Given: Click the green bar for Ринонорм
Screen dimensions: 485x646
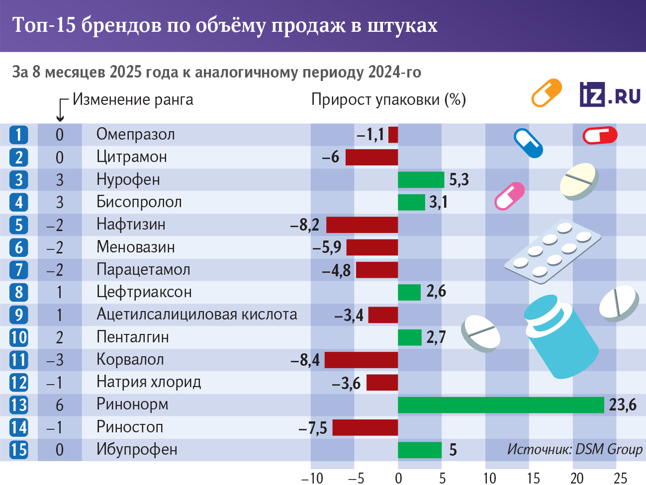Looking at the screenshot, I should tap(501, 405).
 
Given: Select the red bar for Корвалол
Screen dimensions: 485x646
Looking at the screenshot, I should tap(361, 360).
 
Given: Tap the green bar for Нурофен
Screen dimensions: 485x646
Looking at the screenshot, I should tap(421, 180).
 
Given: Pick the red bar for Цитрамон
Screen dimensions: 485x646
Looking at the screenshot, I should tap(371, 157).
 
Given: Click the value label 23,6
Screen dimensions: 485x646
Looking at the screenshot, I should tap(623, 405).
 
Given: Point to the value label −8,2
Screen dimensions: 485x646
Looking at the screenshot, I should tap(305, 225).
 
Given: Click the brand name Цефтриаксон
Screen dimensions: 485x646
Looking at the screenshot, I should tap(144, 292).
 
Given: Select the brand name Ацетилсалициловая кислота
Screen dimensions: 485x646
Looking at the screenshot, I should tap(196, 315).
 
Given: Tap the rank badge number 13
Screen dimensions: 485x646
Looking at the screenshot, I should tap(19, 405).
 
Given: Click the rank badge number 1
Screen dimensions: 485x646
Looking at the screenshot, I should tap(19, 135).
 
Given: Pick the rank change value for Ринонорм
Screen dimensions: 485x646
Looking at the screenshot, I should tap(60, 405).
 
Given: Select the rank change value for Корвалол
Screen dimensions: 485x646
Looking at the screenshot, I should tap(55, 360).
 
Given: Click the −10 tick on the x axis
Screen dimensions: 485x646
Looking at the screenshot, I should tap(312, 478).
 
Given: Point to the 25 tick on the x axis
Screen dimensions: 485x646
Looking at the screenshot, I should tap(620, 478).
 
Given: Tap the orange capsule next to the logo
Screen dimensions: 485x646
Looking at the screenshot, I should tap(547, 93).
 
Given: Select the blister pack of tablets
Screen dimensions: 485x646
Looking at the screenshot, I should tap(552, 250).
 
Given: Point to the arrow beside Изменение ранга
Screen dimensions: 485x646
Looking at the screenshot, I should tap(61, 110).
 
